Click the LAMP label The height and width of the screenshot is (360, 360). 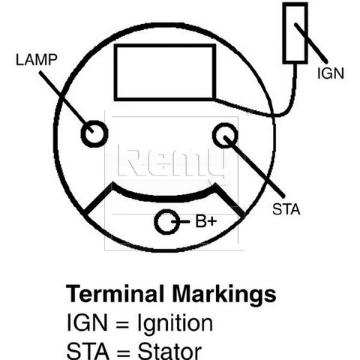pos(37,60)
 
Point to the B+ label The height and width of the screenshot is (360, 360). pos(205,221)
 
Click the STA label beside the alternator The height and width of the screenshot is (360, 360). pos(286,209)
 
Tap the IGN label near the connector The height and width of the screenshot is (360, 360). pos(331,73)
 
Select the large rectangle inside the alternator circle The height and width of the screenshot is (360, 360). pos(165,46)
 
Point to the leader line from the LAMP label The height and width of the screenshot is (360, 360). pos(66,102)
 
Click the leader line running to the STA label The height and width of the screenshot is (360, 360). pos(254,166)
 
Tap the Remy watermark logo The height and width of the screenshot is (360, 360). pos(173,163)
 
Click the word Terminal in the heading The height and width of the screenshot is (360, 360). pos(115,293)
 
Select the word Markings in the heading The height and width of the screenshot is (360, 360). pos(224,295)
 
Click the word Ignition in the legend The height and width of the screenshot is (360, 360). pos(175,323)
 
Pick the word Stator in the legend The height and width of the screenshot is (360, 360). pos(169,352)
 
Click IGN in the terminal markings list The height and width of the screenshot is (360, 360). pos(87,322)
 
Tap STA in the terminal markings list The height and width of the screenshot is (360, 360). pos(88,351)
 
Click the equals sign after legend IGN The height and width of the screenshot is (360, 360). pos(122,324)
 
